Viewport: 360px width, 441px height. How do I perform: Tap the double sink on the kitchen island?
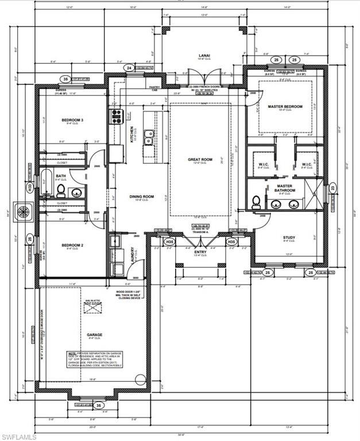(148, 138)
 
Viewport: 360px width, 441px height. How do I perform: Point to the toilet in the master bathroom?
(256, 201)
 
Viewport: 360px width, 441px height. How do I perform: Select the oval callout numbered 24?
(129, 68)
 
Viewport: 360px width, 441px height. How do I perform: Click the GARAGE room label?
(94, 334)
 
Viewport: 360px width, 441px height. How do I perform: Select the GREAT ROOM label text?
(200, 160)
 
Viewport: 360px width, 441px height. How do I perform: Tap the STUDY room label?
(289, 237)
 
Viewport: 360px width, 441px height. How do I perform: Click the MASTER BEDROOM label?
(285, 106)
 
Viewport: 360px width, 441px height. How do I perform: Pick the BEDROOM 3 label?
(73, 119)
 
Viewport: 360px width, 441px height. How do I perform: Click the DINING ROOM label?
(141, 197)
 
